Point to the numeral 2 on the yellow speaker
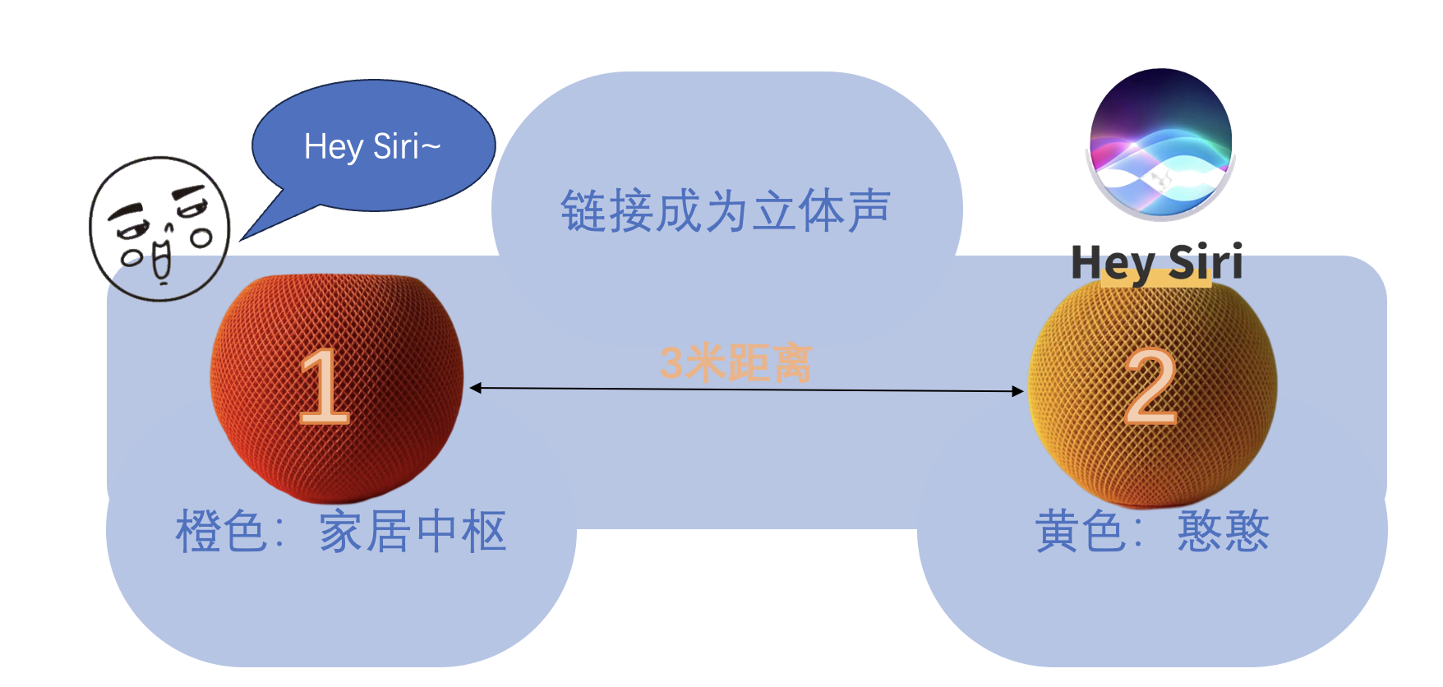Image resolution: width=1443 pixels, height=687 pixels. pyautogui.click(x=1150, y=386)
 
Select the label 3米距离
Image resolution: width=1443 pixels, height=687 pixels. pyautogui.click(x=735, y=363)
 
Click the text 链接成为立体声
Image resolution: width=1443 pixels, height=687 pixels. pyautogui.click(x=726, y=211)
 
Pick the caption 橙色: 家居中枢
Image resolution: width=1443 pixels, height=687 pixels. pyautogui.click(x=340, y=532)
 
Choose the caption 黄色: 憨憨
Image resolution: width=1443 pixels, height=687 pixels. pyautogui.click(x=1152, y=532)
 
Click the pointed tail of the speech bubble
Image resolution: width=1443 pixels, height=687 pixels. pyautogui.click(x=255, y=230)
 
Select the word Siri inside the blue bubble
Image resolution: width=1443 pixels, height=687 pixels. pyautogui.click(x=397, y=147)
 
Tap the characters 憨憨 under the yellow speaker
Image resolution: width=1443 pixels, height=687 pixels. pyautogui.click(x=1223, y=532)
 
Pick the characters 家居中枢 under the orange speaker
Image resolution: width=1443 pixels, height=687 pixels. pyautogui.click(x=413, y=532)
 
